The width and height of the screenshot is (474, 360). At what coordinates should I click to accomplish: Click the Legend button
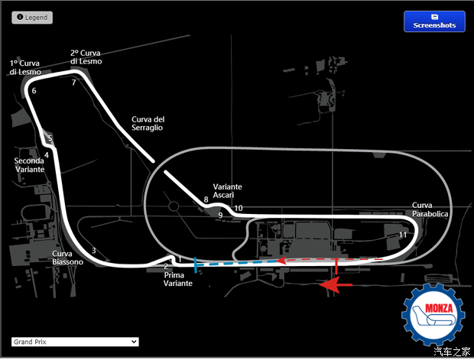32,17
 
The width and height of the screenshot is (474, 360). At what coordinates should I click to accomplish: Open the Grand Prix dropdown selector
75,342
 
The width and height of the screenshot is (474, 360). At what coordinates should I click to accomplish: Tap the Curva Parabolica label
430,209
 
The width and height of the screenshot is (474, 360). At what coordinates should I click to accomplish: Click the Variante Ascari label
227,191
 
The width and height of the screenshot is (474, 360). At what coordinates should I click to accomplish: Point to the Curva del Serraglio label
148,123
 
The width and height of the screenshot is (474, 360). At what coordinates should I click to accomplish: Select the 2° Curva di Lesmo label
86,57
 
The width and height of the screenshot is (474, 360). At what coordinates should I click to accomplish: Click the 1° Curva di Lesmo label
25,67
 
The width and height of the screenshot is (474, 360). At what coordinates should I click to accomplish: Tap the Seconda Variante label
30,165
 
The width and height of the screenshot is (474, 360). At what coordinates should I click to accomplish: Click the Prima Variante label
178,279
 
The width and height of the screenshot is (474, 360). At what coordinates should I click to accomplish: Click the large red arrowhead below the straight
330,285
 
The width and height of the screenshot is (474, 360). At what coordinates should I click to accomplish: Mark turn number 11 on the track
403,234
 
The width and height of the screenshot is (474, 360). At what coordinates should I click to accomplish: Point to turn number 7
73,83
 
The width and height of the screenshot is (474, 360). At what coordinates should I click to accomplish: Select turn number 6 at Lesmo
34,91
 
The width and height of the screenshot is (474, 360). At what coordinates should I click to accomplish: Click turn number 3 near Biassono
93,251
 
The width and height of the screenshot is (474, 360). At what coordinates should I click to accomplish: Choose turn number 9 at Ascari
219,216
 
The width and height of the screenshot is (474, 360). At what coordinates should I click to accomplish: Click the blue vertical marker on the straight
196,264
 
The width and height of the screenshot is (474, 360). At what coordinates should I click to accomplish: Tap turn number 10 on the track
239,208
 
